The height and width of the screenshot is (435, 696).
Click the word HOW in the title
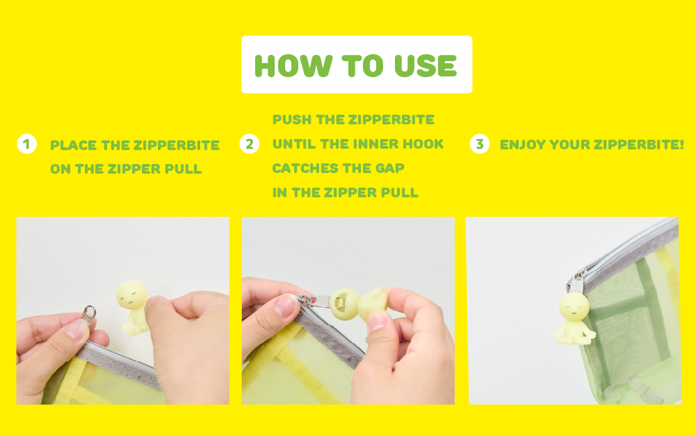click(293, 66)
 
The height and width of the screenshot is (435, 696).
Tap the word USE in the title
click(426, 66)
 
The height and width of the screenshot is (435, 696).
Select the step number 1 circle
click(26, 144)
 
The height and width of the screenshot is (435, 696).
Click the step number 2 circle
click(250, 144)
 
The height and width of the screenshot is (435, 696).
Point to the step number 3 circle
click(480, 144)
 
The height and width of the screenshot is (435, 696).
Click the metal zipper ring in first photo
click(90, 313)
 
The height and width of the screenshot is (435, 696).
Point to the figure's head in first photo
click(132, 295)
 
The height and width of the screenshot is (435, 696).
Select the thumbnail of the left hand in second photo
click(285, 306)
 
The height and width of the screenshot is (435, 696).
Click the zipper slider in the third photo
click(576, 282)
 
